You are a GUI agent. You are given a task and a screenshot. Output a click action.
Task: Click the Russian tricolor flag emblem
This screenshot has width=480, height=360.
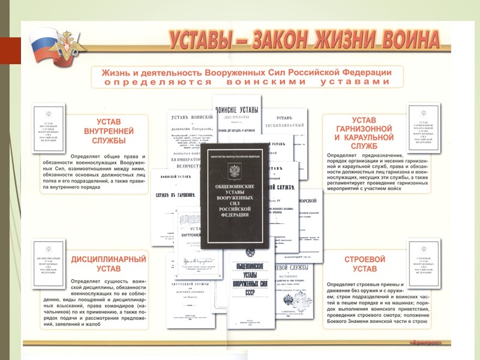click(x=44, y=47)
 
